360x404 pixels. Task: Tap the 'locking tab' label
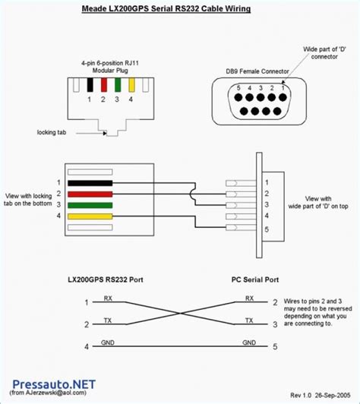pyautogui.click(x=52, y=131)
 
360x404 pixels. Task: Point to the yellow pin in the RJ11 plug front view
pyautogui.click(x=132, y=84)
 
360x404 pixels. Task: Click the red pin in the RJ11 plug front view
pyautogui.click(x=103, y=84)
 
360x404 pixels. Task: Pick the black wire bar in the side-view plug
pyautogui.click(x=90, y=182)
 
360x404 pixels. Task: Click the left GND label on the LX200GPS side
pyautogui.click(x=108, y=343)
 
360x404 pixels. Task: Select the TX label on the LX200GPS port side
pyautogui.click(x=108, y=321)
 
